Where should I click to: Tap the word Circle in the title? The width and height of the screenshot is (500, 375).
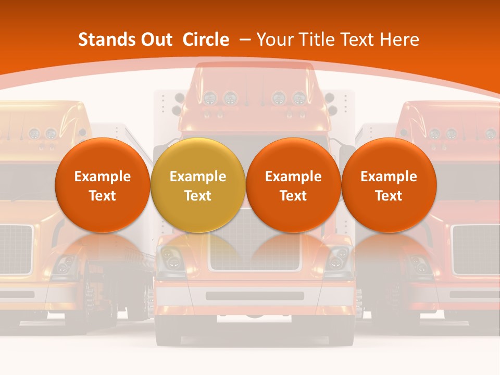tap(206, 40)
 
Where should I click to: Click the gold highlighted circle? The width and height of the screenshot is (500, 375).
tap(198, 185)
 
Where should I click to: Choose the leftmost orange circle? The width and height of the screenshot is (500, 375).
tap(103, 185)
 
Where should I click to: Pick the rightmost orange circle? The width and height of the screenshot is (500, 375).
tap(389, 185)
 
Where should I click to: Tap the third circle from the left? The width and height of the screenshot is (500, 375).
tap(293, 185)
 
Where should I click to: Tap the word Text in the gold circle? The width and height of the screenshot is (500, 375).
tap(198, 196)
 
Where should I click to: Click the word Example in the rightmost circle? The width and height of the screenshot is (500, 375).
tap(389, 177)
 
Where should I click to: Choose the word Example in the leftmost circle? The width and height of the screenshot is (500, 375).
tap(103, 177)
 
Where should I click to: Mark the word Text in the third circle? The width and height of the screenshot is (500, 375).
tap(293, 196)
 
